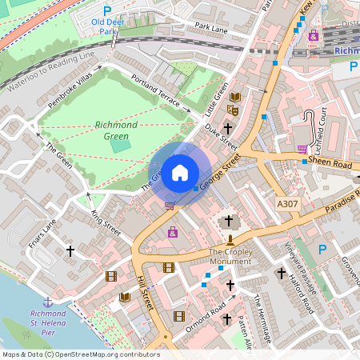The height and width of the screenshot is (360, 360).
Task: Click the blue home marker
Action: tap(180, 172)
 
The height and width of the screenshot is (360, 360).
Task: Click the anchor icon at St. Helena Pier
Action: tap(47, 302)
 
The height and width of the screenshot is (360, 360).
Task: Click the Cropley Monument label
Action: tap(230, 257)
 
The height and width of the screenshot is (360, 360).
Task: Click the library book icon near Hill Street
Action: tap(125, 298)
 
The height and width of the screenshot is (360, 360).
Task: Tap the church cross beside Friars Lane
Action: tap(70, 251)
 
